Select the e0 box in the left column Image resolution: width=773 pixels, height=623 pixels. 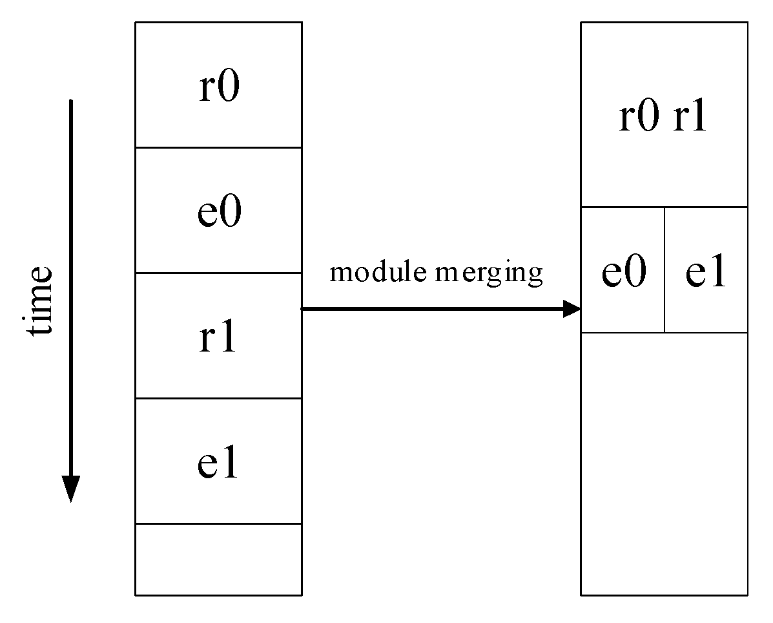218,211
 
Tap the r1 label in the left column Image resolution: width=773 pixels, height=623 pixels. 218,337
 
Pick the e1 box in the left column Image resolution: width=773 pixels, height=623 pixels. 218,462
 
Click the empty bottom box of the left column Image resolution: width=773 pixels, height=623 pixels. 218,559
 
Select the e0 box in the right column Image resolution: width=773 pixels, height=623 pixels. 623,271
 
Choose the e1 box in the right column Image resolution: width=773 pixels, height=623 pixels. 706,271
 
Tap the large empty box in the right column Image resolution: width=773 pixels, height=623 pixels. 664,463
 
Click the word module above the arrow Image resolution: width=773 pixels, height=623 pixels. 378,272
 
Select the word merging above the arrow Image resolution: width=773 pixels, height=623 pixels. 488,273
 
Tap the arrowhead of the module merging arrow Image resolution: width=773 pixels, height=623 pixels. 572,309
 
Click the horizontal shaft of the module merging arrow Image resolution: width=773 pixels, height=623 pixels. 433,309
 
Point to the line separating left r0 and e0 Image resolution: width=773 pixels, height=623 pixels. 218,147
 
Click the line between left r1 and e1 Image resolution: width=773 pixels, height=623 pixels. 218,398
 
